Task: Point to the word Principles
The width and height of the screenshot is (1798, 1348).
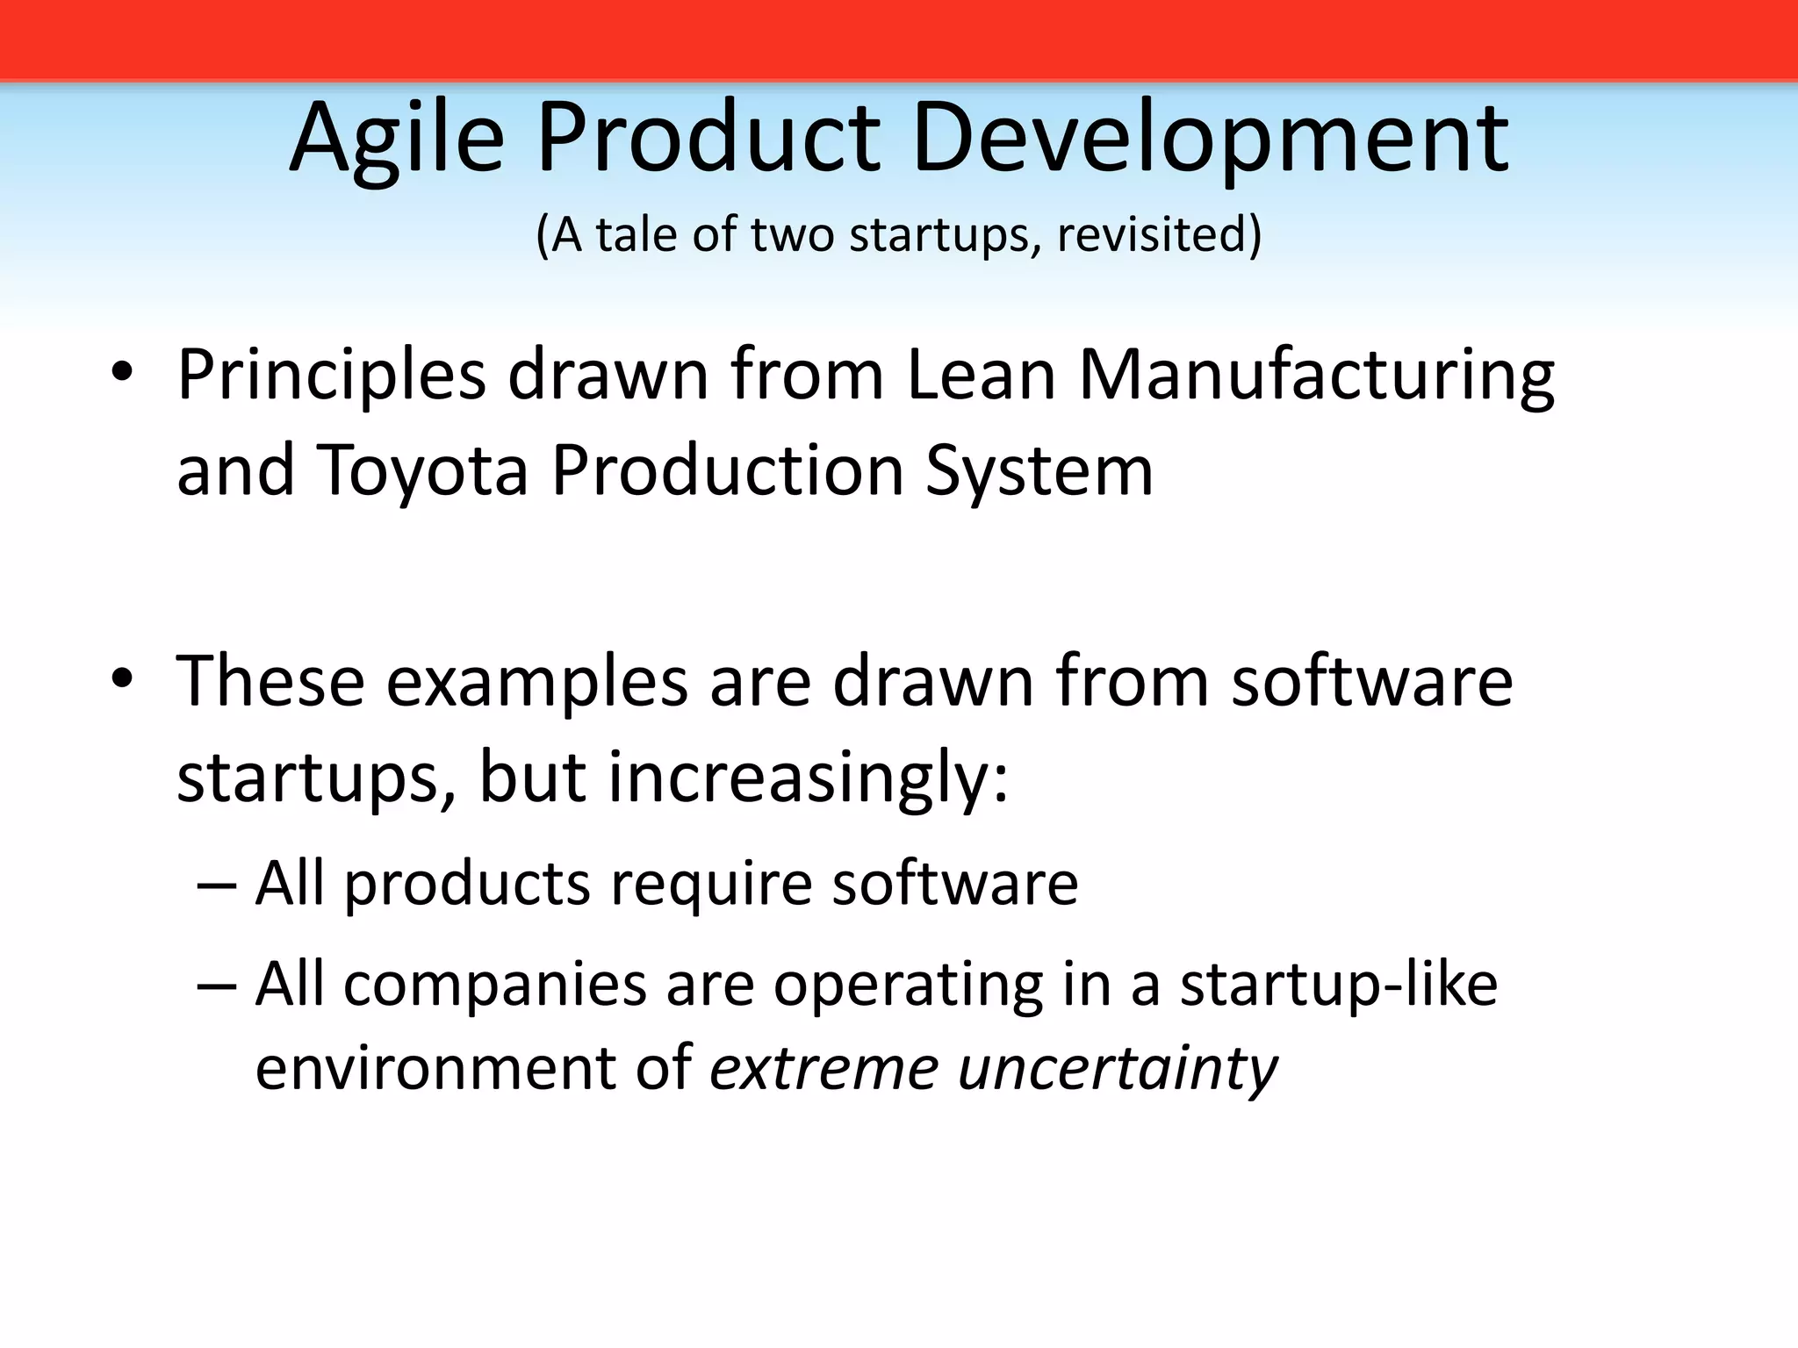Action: [x=331, y=376]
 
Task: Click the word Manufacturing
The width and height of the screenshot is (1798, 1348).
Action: [x=1316, y=376]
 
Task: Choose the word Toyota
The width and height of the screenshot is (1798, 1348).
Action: [x=421, y=471]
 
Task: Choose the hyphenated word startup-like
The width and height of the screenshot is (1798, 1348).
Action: [x=1338, y=985]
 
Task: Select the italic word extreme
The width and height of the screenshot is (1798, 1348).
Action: [x=823, y=1069]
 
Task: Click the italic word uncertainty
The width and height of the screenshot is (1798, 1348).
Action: [x=1117, y=1069]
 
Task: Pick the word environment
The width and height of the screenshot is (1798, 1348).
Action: [x=435, y=1069]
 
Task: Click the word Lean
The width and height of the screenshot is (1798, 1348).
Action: [x=980, y=376]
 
